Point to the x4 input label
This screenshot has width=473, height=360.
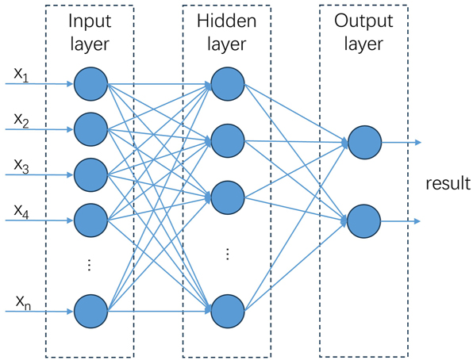(x=21, y=209)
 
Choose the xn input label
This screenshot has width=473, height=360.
(x=21, y=302)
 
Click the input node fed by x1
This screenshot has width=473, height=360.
(x=90, y=82)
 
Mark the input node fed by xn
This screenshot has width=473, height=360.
(x=90, y=311)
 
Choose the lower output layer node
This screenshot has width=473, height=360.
(x=363, y=220)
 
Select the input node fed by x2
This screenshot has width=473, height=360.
(x=90, y=127)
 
